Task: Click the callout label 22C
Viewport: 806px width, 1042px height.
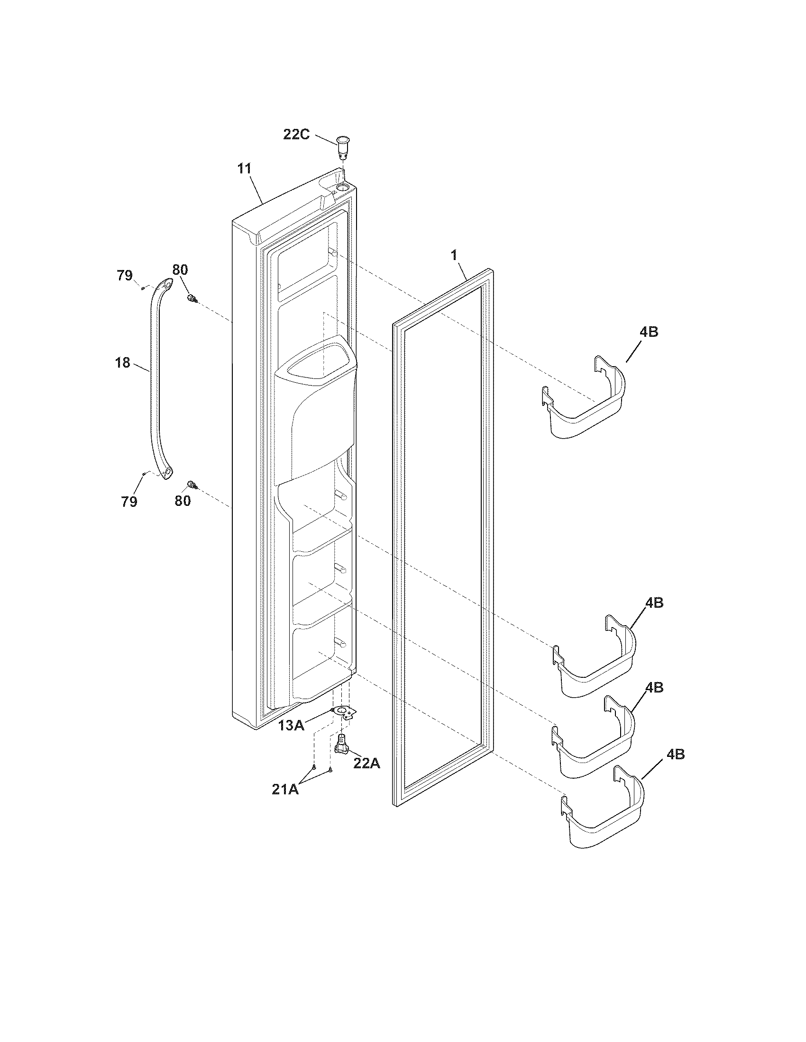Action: (296, 135)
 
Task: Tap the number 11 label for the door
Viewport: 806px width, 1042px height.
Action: (244, 169)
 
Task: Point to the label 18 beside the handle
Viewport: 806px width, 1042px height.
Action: (122, 363)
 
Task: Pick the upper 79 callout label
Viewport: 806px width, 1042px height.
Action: (125, 275)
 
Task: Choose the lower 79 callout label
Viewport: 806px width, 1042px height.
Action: (129, 502)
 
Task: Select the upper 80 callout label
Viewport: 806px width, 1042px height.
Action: (180, 270)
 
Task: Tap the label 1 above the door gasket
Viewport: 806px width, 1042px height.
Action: (454, 255)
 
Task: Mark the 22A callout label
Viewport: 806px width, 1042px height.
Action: (366, 764)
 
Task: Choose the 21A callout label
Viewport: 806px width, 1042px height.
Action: (285, 790)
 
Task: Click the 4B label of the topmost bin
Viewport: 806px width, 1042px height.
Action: (649, 332)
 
